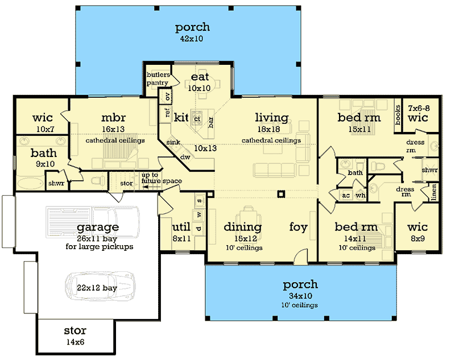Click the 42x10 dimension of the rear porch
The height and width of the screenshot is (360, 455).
(x=192, y=39)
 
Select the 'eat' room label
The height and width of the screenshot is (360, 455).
(x=200, y=77)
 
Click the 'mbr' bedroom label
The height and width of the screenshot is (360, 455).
(x=110, y=118)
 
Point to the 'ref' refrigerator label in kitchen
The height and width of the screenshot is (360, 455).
(x=167, y=112)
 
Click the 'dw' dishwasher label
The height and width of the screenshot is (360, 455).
(x=185, y=156)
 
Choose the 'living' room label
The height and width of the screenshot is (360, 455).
(x=271, y=118)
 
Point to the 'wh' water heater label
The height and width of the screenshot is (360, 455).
(x=359, y=195)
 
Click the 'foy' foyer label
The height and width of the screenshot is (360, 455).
(x=298, y=227)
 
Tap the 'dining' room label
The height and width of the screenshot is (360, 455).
(x=242, y=227)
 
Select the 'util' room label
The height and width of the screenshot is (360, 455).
(x=180, y=227)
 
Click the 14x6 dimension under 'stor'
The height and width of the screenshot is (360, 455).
(x=75, y=342)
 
